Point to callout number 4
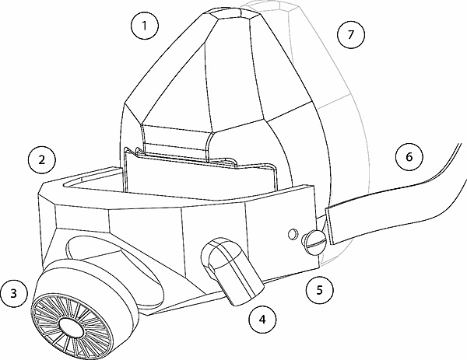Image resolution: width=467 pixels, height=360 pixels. pos(262,317)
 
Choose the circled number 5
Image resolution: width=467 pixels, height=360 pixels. pos(319,291)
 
